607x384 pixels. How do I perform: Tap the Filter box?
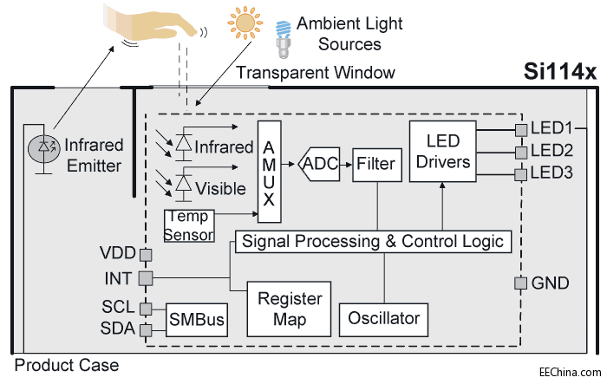375,163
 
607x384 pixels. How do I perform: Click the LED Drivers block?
443,151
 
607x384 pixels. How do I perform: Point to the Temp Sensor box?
189,225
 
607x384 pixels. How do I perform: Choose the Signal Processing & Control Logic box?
373,240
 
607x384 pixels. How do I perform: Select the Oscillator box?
384,318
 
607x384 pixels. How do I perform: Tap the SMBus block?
197,319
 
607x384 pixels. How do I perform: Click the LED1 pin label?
552,127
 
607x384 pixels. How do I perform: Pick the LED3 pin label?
552,173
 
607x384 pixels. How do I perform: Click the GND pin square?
519,283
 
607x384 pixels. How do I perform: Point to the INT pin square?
145,277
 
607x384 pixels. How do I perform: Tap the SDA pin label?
119,329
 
